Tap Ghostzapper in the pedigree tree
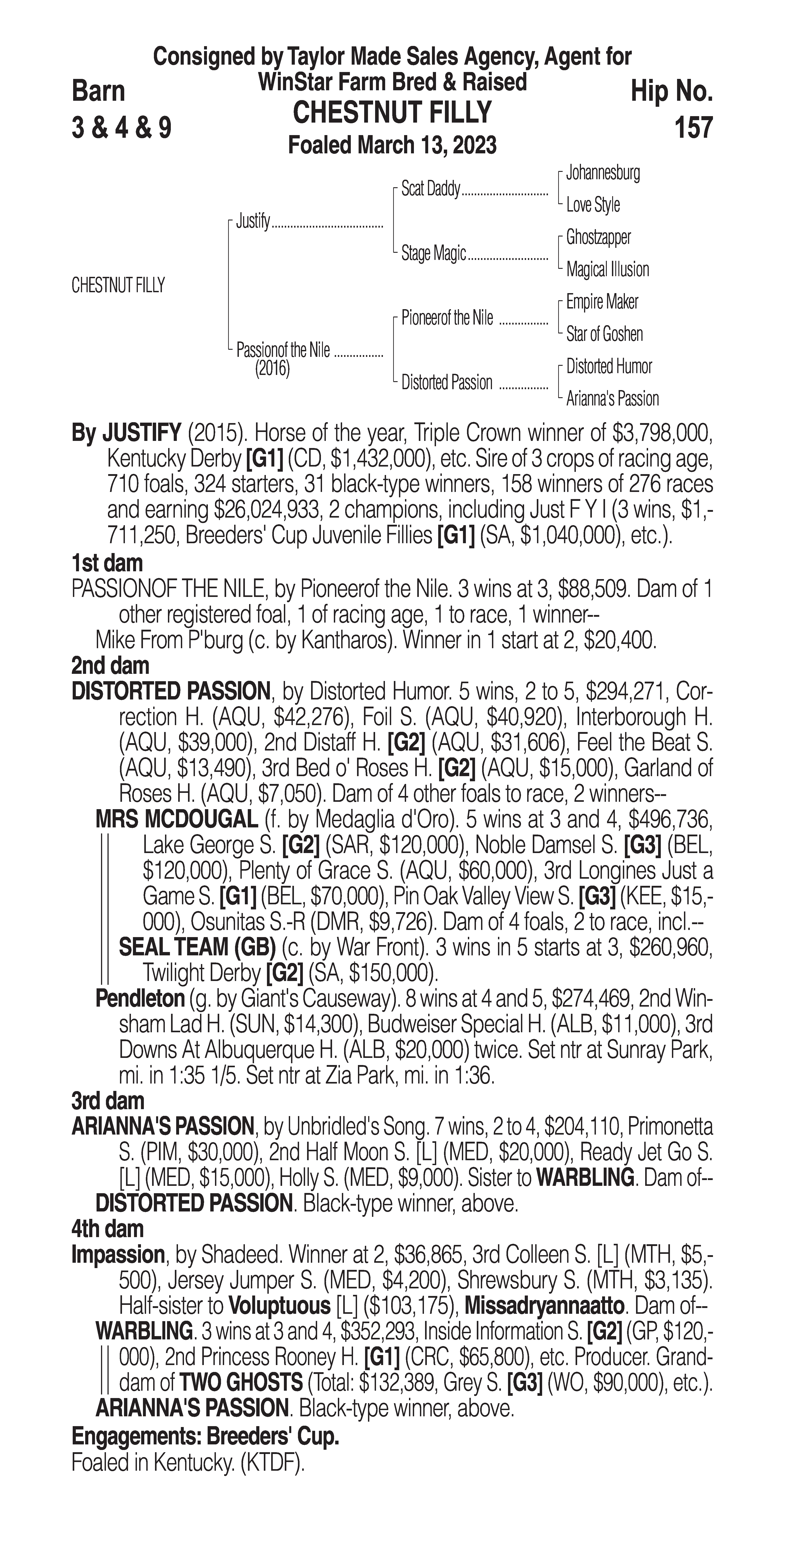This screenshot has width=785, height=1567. (598, 237)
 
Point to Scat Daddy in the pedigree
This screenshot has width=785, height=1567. (430, 189)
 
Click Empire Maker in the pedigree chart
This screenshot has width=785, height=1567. (602, 302)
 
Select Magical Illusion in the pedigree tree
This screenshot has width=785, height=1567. (607, 269)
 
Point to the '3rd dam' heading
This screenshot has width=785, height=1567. (108, 1100)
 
